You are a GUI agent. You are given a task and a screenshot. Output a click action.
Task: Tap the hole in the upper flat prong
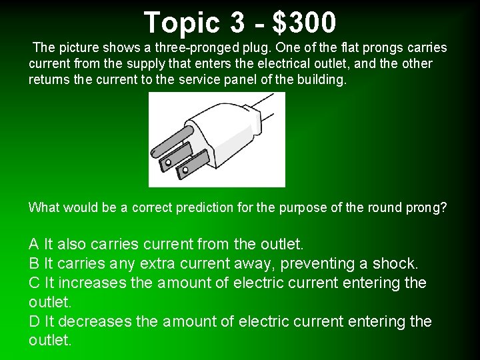(x=169, y=162)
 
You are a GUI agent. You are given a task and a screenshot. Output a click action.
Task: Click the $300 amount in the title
(x=305, y=23)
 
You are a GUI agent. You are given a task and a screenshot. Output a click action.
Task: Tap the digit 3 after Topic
(x=238, y=23)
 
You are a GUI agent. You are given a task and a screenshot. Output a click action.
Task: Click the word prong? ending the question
(x=426, y=207)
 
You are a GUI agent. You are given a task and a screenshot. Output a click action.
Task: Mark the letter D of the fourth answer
(x=35, y=321)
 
